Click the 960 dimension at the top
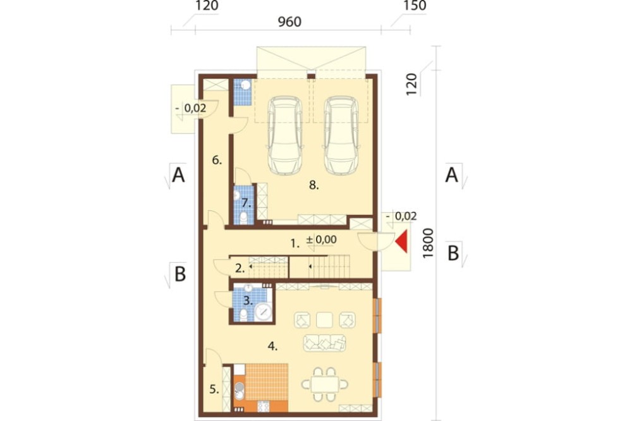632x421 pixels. click(x=289, y=21)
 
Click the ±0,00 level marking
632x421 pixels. click(x=321, y=240)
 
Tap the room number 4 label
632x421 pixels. click(x=272, y=346)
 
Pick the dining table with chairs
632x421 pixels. click(x=325, y=383)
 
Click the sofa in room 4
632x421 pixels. click(x=325, y=343)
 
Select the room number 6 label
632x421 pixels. click(x=216, y=161)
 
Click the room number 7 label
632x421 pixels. click(x=244, y=204)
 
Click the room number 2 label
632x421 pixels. click(x=239, y=268)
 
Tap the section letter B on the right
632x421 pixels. click(x=453, y=253)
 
